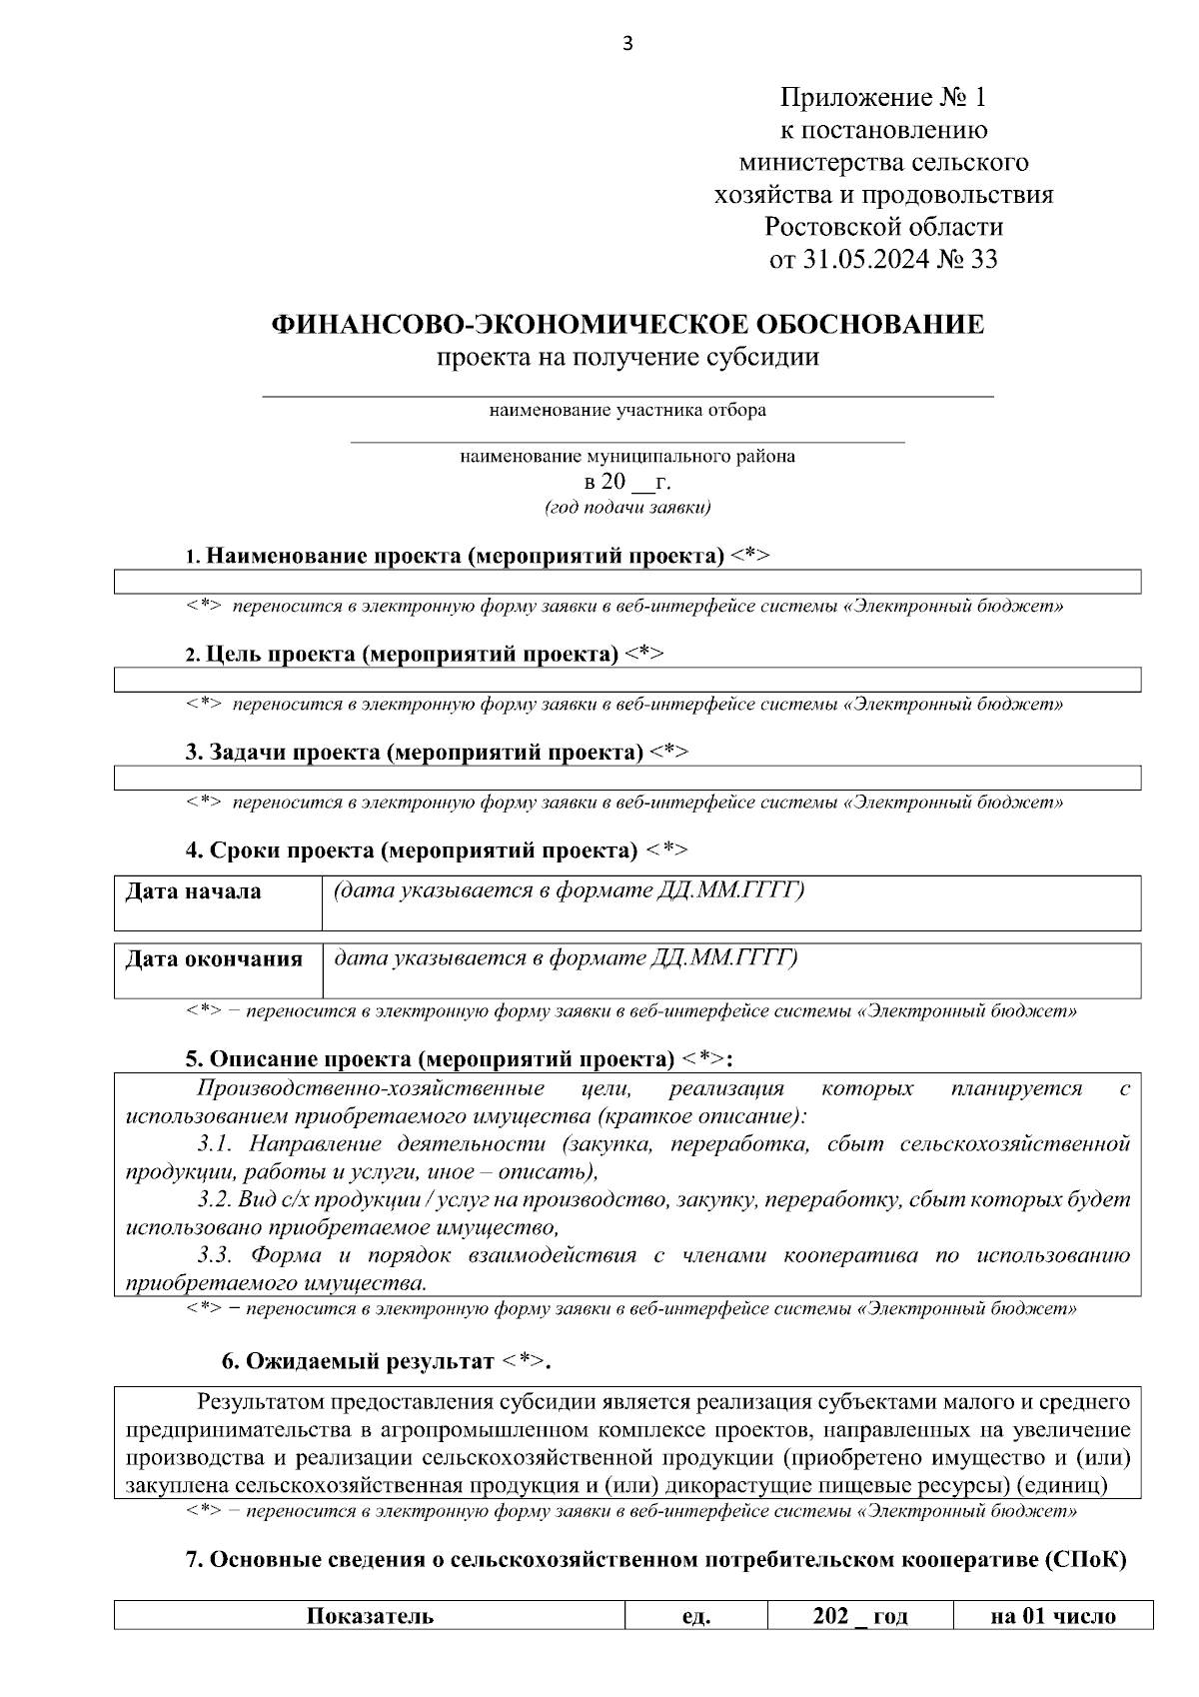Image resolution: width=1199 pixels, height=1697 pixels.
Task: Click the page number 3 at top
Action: point(627,43)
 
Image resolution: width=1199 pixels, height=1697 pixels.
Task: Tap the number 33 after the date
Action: point(983,260)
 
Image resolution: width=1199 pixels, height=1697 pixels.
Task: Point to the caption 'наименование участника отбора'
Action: point(627,410)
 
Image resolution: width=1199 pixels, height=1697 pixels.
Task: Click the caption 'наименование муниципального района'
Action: point(627,456)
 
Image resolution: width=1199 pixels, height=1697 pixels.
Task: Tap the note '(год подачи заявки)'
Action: point(627,508)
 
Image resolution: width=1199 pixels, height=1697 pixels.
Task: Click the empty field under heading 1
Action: point(627,583)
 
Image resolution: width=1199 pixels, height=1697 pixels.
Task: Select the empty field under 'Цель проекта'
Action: point(627,681)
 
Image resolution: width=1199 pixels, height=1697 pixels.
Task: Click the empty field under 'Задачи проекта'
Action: point(627,779)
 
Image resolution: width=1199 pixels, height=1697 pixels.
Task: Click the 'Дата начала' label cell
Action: point(217,902)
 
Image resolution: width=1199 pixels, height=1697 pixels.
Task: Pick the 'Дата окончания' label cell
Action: point(217,969)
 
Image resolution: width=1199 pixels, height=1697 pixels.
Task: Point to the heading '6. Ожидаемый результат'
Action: point(385,1361)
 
